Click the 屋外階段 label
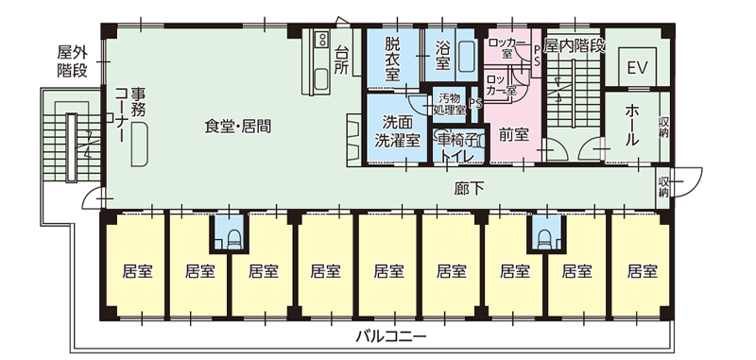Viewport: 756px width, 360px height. (x=73, y=60)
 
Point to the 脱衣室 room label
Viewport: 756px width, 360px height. (x=392, y=58)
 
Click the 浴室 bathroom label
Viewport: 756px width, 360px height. (x=442, y=58)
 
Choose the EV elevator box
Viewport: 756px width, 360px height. (x=636, y=68)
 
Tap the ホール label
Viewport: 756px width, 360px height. (x=632, y=124)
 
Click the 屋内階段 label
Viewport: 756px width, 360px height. (x=574, y=45)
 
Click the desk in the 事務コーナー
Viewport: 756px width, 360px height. (x=139, y=145)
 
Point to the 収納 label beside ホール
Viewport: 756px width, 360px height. (x=664, y=125)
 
